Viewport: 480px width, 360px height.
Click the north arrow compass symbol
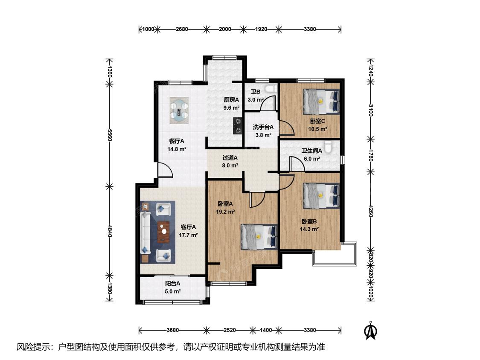(x=370, y=331)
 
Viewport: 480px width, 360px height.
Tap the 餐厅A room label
(x=177, y=141)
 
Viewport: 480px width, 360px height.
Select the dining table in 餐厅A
(x=179, y=110)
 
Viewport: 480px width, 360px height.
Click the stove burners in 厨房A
(x=238, y=126)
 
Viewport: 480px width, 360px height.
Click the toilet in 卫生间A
(x=329, y=147)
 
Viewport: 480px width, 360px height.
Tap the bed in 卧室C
(x=321, y=102)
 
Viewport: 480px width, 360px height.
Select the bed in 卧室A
(x=259, y=237)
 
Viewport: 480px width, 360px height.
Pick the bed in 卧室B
(x=321, y=196)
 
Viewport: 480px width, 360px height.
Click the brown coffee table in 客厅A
(x=163, y=232)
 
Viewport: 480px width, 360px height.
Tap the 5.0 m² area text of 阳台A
(x=173, y=291)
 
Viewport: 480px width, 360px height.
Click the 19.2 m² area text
(x=225, y=212)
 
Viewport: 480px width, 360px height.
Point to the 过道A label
(x=230, y=158)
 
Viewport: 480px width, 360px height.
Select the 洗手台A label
(x=263, y=127)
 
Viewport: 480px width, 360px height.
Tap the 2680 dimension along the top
(x=182, y=29)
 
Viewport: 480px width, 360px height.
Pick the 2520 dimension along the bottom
(x=230, y=330)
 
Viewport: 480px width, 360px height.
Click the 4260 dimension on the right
(x=371, y=211)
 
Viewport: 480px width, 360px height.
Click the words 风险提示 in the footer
(x=34, y=347)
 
